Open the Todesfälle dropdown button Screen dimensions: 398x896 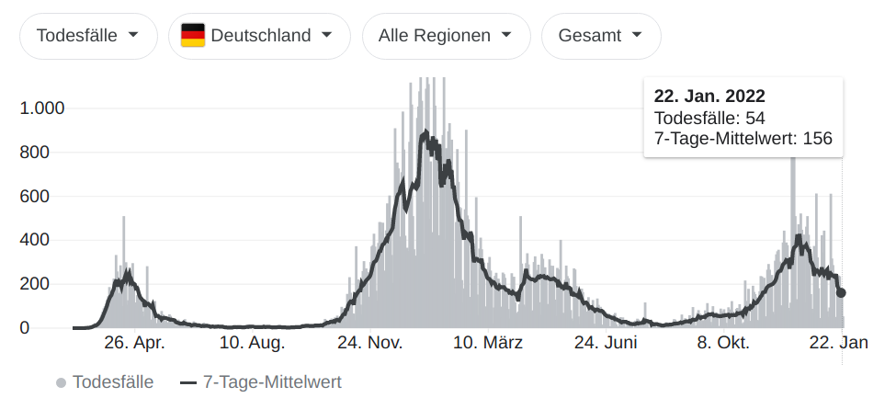[87, 36]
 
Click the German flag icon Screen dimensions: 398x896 [193, 36]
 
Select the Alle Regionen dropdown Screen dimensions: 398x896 [446, 36]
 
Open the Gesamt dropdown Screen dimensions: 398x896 [601, 36]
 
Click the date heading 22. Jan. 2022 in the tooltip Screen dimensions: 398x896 [709, 97]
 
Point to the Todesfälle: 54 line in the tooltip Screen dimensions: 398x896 [709, 118]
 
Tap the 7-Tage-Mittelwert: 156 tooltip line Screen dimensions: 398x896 [743, 138]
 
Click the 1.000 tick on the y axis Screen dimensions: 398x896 [42, 108]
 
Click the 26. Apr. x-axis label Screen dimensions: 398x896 [134, 344]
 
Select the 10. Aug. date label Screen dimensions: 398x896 [253, 344]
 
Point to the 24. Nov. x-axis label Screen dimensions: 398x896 [369, 344]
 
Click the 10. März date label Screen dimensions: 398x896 [488, 344]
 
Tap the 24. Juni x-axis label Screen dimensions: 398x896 [606, 344]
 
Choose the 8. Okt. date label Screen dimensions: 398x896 [723, 344]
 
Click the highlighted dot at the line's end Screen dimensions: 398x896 [841, 292]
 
